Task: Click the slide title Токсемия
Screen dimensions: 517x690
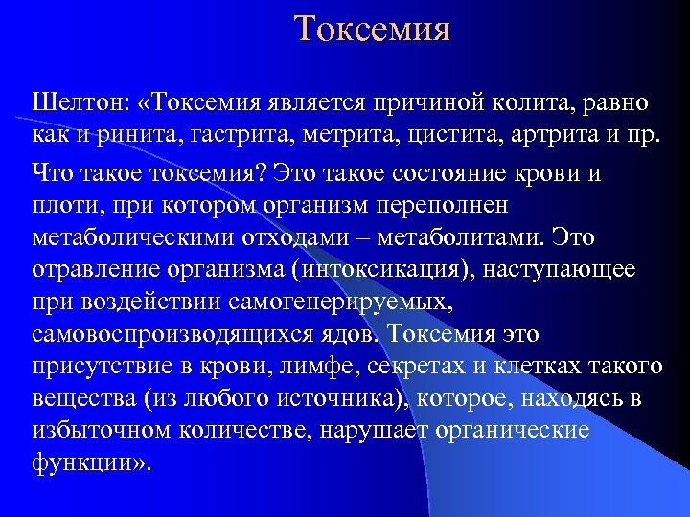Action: pos(372,29)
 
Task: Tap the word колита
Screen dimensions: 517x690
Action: pos(546,101)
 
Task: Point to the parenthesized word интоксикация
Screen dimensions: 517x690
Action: pos(387,269)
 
